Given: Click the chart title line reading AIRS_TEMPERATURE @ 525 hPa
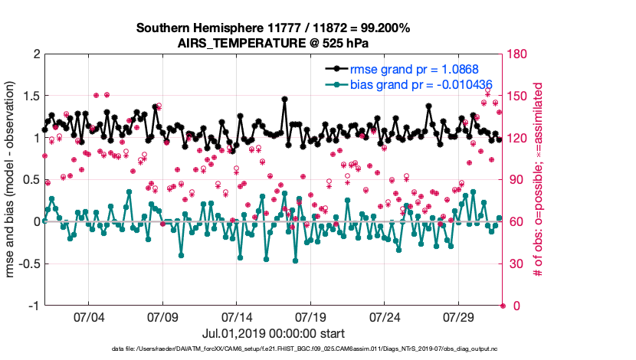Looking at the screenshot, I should (x=273, y=43).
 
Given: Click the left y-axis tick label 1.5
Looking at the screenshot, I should (x=30, y=96).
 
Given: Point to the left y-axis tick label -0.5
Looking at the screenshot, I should (x=28, y=263).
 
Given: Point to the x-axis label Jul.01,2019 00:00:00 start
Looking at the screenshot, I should (x=273, y=334).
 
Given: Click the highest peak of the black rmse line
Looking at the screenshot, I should (x=284, y=99).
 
